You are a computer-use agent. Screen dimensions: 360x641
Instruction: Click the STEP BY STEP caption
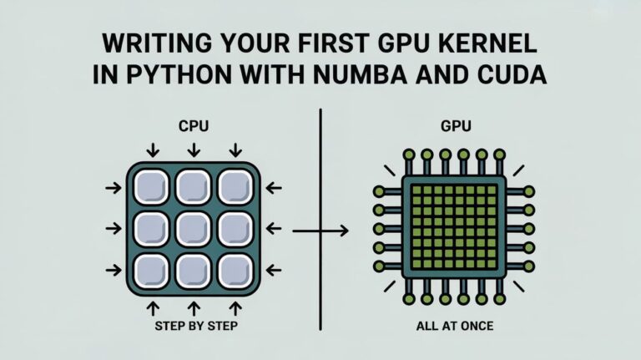click(x=193, y=327)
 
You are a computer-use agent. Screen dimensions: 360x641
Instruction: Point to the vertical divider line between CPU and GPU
click(x=320, y=167)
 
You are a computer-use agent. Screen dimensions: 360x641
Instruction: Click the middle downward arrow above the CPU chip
click(x=193, y=150)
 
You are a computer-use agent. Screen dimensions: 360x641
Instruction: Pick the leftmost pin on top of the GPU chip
click(x=408, y=155)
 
